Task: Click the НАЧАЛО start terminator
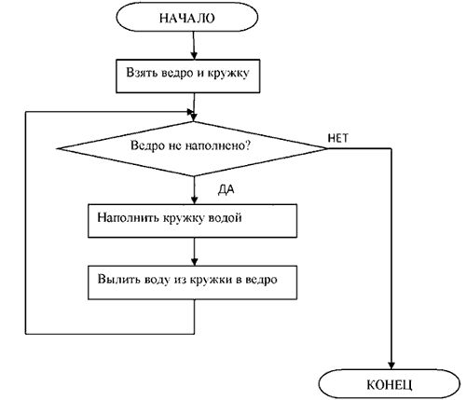point(187,18)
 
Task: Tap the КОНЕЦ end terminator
point(390,384)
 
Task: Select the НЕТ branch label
point(338,138)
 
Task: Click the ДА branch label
point(226,189)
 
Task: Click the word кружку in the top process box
point(228,74)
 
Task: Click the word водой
point(225,217)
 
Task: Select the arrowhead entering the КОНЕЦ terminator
point(391,366)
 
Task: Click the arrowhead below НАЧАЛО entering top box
point(194,55)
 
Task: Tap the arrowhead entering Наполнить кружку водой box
point(194,200)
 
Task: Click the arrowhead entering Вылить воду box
point(194,261)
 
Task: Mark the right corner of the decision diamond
point(327,148)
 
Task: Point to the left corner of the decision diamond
point(58,148)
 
